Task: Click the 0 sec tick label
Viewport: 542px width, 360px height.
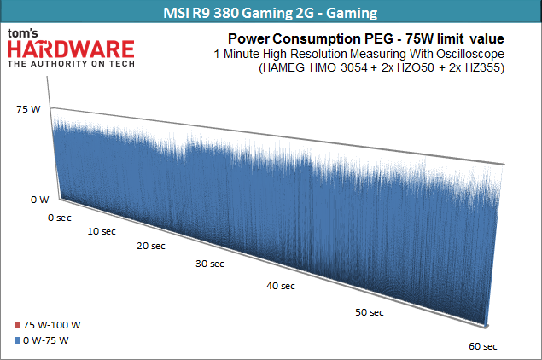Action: pos(60,218)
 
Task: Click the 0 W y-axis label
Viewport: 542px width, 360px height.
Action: pos(39,200)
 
